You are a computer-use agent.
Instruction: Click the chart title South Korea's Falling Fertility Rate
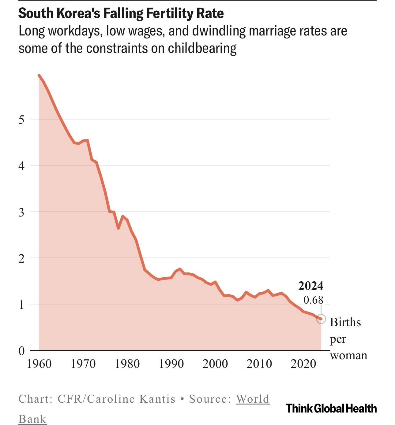(x=121, y=13)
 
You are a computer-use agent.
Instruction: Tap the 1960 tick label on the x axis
(x=39, y=364)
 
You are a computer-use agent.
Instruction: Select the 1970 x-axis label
(x=83, y=364)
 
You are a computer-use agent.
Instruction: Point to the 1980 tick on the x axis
(x=127, y=364)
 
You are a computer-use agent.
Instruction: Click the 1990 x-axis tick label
(x=171, y=364)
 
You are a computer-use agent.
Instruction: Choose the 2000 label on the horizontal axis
(x=215, y=364)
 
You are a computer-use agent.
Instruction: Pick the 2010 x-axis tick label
(x=259, y=364)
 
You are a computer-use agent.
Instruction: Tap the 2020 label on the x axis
(x=303, y=364)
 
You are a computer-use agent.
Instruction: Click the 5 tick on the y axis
(x=21, y=120)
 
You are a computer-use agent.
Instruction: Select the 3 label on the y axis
(x=21, y=212)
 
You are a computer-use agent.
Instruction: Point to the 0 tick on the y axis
(x=21, y=351)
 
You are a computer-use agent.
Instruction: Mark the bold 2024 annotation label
(x=311, y=286)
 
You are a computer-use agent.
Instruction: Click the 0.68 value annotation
(x=313, y=300)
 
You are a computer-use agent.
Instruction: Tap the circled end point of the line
(x=321, y=319)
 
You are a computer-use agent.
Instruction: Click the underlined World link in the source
(x=253, y=399)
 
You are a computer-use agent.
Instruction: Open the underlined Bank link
(x=32, y=419)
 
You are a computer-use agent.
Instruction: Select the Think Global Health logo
(x=331, y=408)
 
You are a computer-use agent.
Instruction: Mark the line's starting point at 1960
(x=39, y=75)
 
